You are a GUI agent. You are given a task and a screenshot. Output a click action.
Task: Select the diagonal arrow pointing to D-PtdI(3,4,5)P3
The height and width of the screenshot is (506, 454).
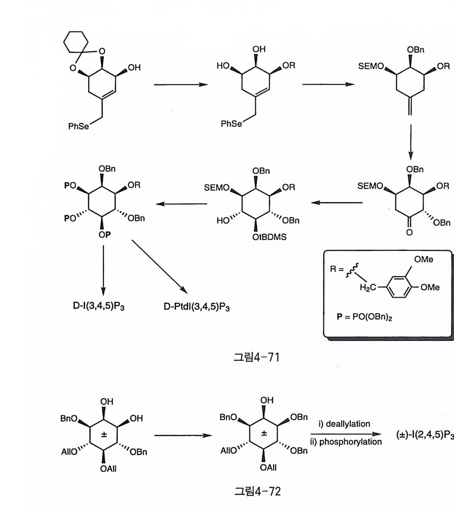click(160, 267)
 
